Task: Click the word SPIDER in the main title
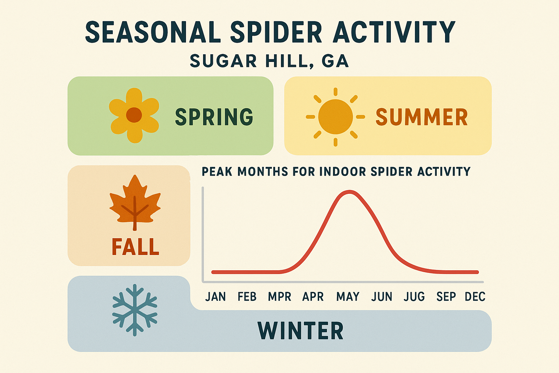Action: (x=276, y=32)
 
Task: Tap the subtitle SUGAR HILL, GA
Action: (x=269, y=61)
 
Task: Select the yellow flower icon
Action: (x=134, y=115)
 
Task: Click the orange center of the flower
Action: (x=134, y=115)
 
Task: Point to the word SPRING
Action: (x=214, y=117)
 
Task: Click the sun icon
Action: (x=335, y=117)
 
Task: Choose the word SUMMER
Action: (x=421, y=117)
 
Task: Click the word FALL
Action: (x=135, y=247)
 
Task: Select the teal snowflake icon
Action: (x=135, y=310)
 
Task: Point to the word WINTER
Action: (x=301, y=331)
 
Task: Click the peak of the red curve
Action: (x=349, y=192)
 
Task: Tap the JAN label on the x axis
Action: (x=215, y=297)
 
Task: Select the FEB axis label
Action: (x=247, y=297)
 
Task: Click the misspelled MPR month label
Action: (x=279, y=297)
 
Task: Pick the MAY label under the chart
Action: (x=348, y=297)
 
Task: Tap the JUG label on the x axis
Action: (x=414, y=297)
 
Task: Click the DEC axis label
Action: (x=475, y=297)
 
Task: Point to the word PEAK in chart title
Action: (x=217, y=172)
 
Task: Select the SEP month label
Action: (x=446, y=297)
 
